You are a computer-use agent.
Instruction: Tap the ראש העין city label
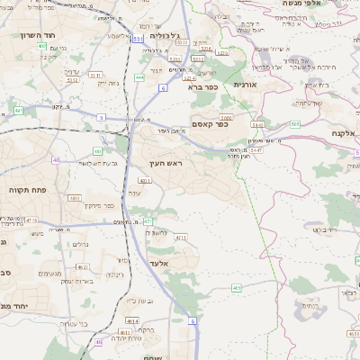tap(166, 163)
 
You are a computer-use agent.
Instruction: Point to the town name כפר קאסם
tap(209, 124)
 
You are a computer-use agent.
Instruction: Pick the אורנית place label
tap(245, 84)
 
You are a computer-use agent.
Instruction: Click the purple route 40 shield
tap(57, 160)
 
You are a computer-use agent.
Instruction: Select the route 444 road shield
tap(139, 77)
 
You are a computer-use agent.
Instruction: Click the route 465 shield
tap(237, 288)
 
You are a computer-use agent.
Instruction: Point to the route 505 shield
tap(296, 124)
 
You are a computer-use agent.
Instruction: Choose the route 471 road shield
tap(148, 220)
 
